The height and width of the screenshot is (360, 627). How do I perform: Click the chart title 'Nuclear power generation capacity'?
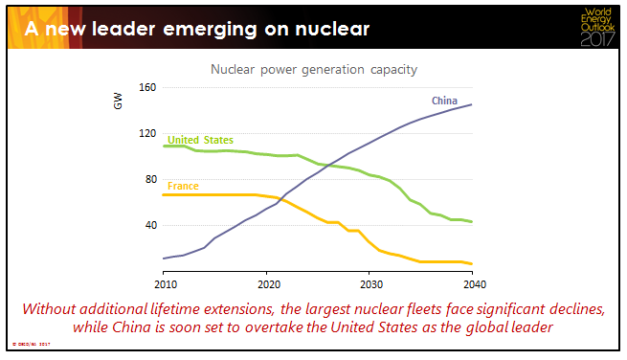click(x=314, y=70)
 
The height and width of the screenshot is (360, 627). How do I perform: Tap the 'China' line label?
click(x=443, y=101)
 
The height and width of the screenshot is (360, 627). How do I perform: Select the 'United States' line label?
click(x=200, y=139)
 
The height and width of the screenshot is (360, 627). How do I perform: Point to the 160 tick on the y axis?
click(x=147, y=88)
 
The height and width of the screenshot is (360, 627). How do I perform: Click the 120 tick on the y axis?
click(x=147, y=134)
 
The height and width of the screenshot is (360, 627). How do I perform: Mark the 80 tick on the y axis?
click(x=150, y=180)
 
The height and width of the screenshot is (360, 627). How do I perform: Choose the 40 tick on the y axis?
click(x=150, y=226)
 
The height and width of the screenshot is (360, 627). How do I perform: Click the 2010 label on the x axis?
click(x=165, y=284)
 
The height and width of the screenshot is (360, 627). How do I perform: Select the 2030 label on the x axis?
click(x=369, y=284)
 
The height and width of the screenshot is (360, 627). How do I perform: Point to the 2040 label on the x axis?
click(x=471, y=284)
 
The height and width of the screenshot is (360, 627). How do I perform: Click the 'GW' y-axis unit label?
click(x=119, y=100)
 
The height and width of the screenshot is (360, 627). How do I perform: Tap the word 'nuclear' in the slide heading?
click(x=325, y=29)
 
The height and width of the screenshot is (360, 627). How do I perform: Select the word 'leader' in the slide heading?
click(x=130, y=29)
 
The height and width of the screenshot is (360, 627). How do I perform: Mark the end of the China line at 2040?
click(x=471, y=104)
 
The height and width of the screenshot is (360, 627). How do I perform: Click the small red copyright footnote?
click(x=30, y=343)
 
